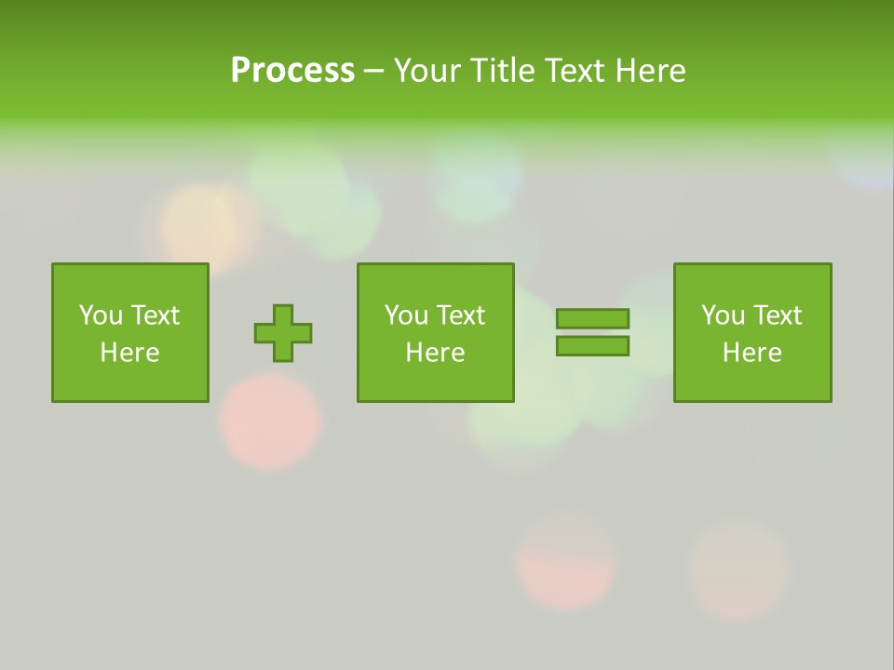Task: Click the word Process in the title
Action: click(292, 71)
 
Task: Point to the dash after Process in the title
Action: click(374, 71)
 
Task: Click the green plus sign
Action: click(283, 332)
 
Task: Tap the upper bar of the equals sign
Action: click(592, 319)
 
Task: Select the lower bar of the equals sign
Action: click(592, 346)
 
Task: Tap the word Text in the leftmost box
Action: click(155, 315)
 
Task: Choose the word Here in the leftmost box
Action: click(129, 353)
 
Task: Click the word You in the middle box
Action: click(407, 315)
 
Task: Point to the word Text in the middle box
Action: click(460, 315)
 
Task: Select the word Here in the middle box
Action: click(435, 353)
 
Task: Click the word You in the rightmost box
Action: click(724, 315)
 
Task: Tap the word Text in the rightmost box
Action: click(777, 315)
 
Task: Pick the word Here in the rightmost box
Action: click(752, 353)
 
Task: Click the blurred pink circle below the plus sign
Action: click(270, 420)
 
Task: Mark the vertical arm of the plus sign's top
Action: click(283, 314)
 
